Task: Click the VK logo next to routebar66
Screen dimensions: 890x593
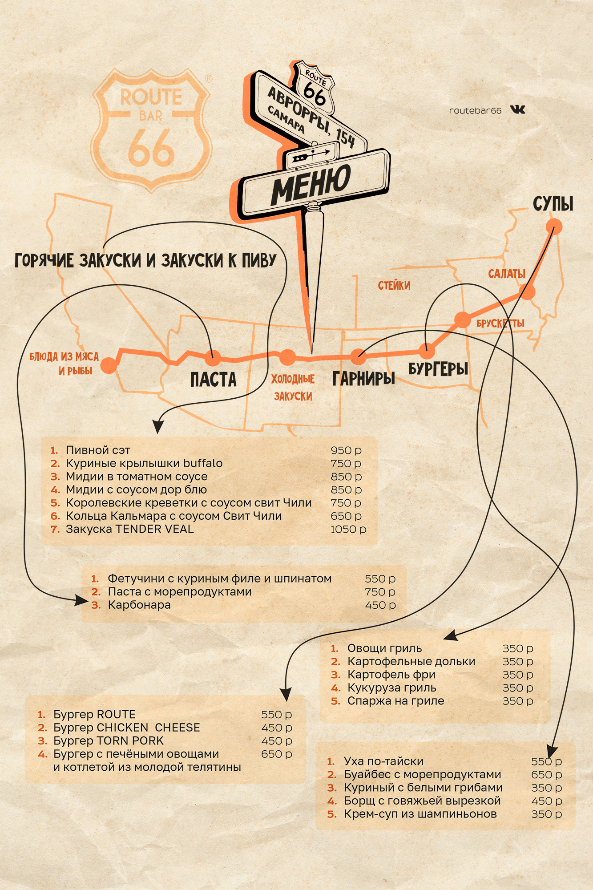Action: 517,109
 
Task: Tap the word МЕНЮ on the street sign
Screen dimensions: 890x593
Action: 311,183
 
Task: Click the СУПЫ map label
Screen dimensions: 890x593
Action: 553,204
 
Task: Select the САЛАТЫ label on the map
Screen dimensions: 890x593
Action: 507,274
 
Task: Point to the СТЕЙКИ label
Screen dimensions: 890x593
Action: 394,285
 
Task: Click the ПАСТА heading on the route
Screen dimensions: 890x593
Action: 214,380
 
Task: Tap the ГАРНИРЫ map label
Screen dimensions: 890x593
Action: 363,378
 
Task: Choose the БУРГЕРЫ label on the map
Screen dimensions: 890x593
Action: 438,368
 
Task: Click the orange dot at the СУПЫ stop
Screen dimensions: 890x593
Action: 554,227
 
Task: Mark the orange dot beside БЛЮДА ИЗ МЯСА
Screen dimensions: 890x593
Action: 109,365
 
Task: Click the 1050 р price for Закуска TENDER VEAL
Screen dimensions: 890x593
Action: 348,529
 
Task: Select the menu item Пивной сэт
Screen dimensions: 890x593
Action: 98,450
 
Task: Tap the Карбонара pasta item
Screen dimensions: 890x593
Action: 139,605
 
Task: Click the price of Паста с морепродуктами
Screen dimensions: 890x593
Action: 380,592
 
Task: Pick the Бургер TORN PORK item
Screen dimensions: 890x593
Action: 109,740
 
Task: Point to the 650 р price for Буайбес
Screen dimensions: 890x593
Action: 546,774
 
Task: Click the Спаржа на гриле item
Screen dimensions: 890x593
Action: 395,701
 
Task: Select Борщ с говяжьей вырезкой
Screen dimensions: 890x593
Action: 422,801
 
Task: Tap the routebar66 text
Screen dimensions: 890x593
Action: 475,110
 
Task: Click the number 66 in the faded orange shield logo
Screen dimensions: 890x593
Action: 151,148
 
